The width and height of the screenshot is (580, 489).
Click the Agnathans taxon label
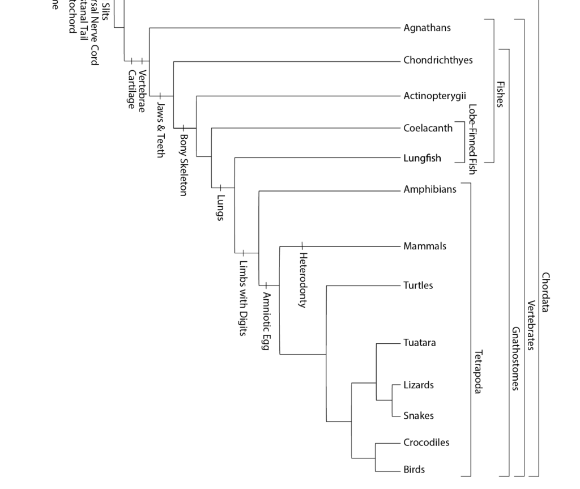point(427,28)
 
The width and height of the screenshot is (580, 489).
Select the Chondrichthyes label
point(438,61)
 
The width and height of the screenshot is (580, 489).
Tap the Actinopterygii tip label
point(434,96)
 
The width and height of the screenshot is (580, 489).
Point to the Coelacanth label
point(428,128)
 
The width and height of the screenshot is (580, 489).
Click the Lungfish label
point(422,158)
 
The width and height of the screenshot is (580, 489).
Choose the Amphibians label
point(429,189)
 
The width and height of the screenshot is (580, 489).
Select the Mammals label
point(425,246)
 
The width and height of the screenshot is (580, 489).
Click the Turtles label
point(418,285)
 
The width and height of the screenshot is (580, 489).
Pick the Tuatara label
point(420,343)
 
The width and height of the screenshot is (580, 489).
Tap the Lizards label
point(419,385)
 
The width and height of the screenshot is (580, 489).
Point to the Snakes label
point(419,416)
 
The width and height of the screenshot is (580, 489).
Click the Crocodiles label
point(426,442)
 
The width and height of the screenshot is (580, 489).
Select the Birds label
point(414,469)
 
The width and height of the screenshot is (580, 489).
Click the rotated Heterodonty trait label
point(302,280)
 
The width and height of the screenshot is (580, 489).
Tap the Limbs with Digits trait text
point(242,298)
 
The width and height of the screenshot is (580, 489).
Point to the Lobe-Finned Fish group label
point(472,139)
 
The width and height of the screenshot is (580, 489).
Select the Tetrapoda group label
point(477,372)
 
